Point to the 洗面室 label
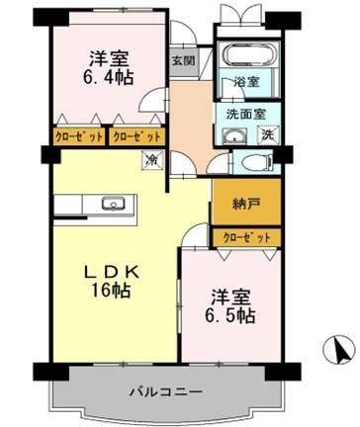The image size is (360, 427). click(242, 114)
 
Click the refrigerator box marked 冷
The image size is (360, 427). click(153, 158)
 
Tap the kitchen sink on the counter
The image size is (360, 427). click(111, 207)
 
